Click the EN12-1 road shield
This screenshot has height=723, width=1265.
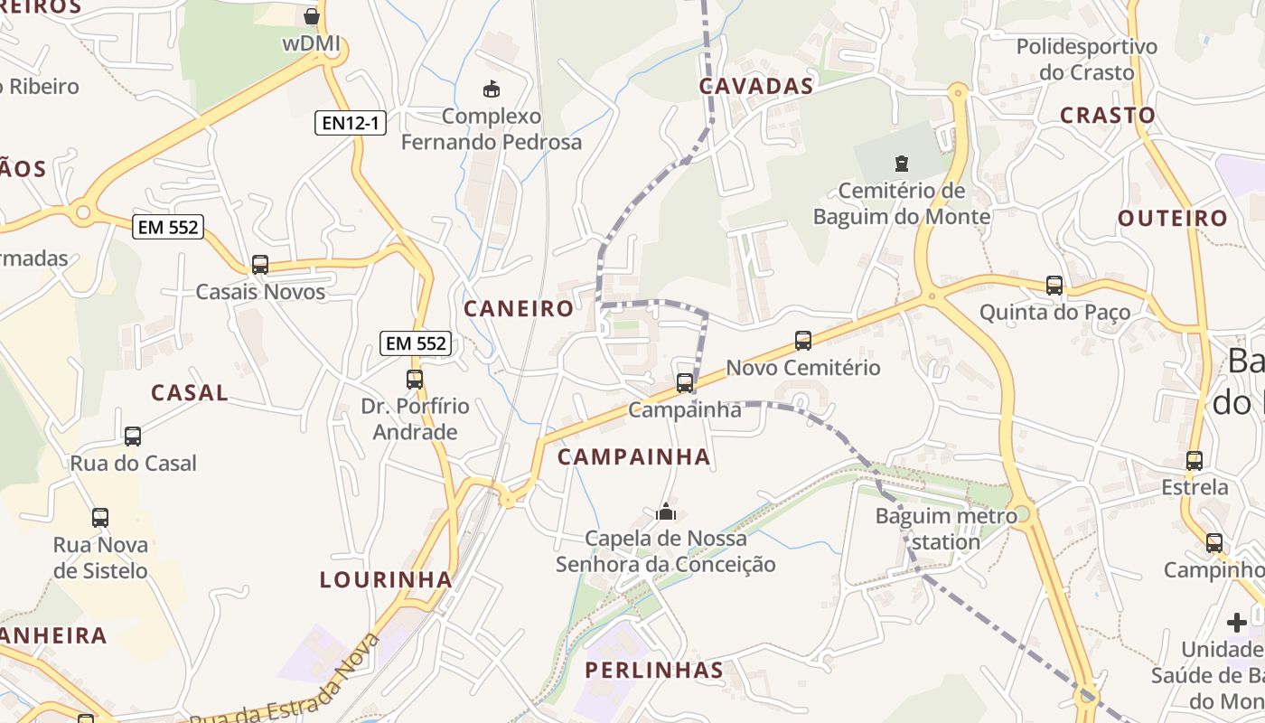[x=351, y=123]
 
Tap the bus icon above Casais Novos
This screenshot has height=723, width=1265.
[x=260, y=265]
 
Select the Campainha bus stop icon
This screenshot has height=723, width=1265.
[x=685, y=383]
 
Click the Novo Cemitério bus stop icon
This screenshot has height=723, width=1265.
[x=803, y=341]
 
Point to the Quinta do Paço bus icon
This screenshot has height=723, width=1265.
[x=1054, y=286]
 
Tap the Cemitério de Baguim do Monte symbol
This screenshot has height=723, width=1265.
[x=901, y=164]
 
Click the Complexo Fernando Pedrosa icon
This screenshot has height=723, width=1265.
[x=492, y=89]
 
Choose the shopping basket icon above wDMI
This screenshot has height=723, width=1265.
[x=312, y=16]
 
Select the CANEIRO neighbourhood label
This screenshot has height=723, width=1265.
[x=519, y=309]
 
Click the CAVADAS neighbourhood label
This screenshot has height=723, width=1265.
[x=756, y=87]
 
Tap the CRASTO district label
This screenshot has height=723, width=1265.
[x=1108, y=116]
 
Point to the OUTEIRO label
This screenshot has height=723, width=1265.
[x=1173, y=219]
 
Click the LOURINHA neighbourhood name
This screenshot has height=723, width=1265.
[x=386, y=580]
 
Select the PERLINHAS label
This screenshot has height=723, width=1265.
[x=654, y=671]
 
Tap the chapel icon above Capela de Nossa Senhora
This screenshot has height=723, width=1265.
[x=666, y=512]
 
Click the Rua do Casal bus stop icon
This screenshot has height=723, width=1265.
[x=133, y=437]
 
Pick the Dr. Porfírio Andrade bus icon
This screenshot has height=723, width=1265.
[x=415, y=380]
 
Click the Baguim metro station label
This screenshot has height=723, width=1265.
[x=940, y=530]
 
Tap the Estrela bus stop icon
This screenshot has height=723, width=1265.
[x=1195, y=461]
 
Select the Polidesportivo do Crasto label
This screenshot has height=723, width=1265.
[x=1087, y=60]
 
